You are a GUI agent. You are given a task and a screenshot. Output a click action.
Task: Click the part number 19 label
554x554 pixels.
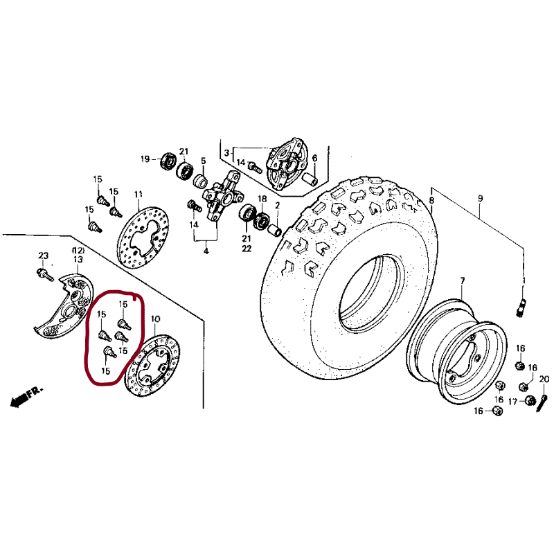point(145,159)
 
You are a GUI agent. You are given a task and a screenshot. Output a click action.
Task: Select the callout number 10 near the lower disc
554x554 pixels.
point(155,319)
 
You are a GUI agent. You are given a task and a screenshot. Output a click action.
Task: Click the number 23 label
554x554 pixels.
point(43,256)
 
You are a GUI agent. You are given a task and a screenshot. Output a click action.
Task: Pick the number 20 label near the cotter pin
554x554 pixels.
point(544,379)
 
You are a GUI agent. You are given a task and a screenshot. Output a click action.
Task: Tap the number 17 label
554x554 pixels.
point(512,402)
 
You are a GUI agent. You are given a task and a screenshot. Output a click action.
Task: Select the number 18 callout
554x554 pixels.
point(262,199)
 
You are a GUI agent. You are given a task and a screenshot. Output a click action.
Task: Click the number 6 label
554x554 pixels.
point(314,159)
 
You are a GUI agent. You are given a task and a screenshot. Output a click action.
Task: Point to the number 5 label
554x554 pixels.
point(204,161)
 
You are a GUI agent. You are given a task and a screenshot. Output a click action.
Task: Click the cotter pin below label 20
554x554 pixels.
point(542,400)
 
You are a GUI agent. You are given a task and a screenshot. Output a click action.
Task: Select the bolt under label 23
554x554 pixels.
point(44,275)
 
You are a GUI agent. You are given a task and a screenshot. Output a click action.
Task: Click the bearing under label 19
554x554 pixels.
point(168,163)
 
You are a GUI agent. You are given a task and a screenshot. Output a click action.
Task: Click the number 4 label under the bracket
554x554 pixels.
point(206,251)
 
